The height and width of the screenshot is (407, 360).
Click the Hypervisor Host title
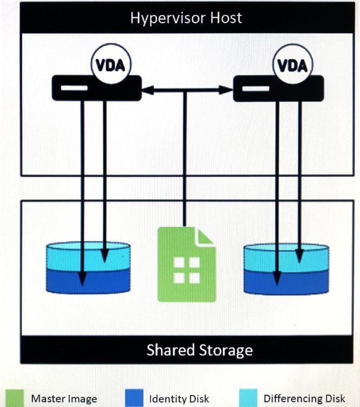(186, 18)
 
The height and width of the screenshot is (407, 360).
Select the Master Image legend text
(64, 398)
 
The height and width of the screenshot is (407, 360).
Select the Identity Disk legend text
(179, 398)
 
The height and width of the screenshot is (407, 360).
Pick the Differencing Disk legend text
(304, 398)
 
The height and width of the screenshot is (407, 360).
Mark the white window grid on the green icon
(186, 270)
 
